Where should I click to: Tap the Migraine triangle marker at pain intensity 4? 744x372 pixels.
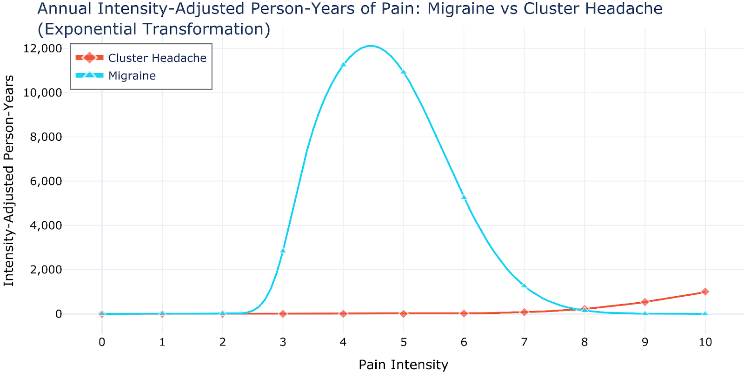(x=343, y=65)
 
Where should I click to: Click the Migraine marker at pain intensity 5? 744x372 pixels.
(x=404, y=72)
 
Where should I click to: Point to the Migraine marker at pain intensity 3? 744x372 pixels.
(x=283, y=251)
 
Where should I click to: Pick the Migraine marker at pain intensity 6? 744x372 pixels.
(x=464, y=197)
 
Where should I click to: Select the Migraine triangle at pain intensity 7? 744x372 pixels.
(x=524, y=286)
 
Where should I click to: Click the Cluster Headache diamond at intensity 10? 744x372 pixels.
(x=705, y=292)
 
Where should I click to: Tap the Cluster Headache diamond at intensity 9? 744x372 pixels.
(x=644, y=302)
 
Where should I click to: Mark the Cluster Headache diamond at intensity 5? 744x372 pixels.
(x=404, y=313)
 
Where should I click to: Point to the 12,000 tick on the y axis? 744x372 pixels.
(x=42, y=48)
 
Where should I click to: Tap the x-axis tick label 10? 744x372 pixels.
(x=705, y=342)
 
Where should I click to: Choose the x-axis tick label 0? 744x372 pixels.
(x=102, y=342)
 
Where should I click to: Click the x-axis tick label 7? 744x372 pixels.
(x=524, y=342)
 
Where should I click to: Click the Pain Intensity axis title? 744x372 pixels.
(x=403, y=365)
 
